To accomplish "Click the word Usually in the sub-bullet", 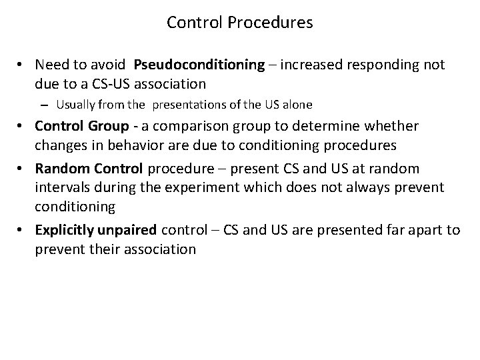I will click(x=75, y=104).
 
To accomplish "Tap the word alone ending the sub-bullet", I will click(x=298, y=104).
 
